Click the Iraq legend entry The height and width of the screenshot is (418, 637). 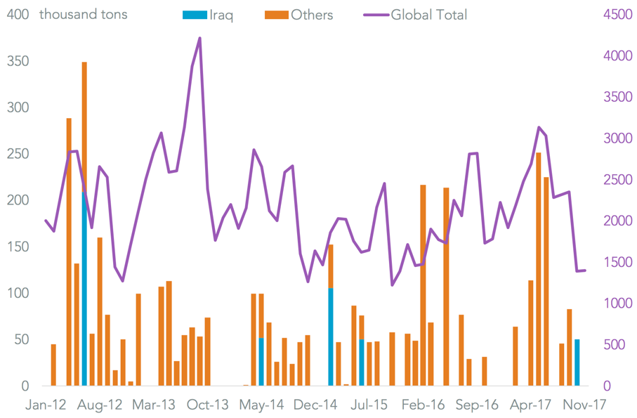click(x=208, y=14)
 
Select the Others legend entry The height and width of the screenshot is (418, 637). click(x=301, y=14)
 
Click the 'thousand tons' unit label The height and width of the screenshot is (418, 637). click(x=84, y=14)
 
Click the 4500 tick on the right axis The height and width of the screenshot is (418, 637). click(x=618, y=15)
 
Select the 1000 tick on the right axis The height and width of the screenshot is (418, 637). click(x=618, y=303)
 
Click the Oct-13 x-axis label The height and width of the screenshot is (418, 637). click(x=209, y=405)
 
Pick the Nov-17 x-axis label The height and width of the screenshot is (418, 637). click(x=584, y=405)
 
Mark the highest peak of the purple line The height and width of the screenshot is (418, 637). click(x=200, y=39)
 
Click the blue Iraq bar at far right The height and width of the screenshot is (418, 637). click(x=577, y=363)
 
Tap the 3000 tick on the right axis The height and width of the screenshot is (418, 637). click(x=618, y=138)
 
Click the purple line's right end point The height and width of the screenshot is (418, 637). click(x=585, y=270)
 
